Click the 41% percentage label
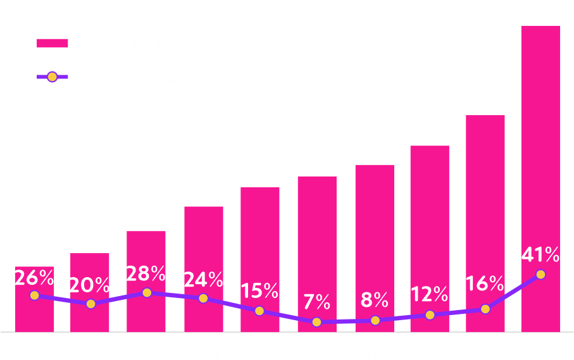(x=540, y=255)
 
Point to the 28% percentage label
(x=146, y=273)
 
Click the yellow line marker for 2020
(x=540, y=274)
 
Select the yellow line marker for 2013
(x=147, y=293)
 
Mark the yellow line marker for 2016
(x=316, y=321)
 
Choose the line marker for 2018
(x=430, y=315)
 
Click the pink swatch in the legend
(x=52, y=43)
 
